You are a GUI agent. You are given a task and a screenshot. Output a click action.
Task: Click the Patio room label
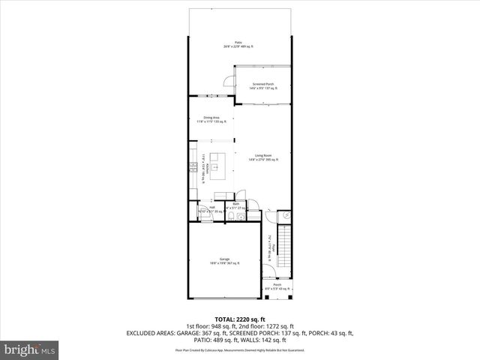tap(238, 44)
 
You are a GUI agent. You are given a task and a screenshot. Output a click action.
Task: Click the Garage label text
tap(224, 260)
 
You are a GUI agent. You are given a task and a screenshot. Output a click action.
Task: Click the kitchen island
tap(217, 162)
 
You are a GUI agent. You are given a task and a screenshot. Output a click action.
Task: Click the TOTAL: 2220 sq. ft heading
tap(239, 319)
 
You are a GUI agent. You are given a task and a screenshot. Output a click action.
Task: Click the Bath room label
tap(235, 204)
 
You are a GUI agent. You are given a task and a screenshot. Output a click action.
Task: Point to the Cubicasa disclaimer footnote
tap(239, 349)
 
